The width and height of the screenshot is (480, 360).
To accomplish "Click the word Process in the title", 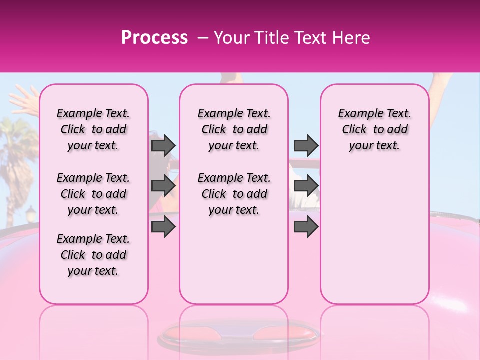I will click(154, 37).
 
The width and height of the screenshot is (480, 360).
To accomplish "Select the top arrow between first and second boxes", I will click(163, 145).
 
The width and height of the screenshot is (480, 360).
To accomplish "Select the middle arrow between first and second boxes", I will click(163, 186).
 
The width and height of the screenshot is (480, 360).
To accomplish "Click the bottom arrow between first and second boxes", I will click(163, 226).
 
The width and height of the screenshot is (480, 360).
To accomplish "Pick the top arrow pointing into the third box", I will click(306, 145).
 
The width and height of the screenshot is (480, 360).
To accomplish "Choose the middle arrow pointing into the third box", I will click(306, 186).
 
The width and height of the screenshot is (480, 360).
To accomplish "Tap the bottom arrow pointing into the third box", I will click(306, 226).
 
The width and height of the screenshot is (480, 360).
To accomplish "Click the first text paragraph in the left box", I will click(93, 129).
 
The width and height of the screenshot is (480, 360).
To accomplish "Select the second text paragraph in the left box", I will click(93, 194).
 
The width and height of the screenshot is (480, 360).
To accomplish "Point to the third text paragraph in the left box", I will click(93, 255).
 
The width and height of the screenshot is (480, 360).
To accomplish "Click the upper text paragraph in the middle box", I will click(234, 129).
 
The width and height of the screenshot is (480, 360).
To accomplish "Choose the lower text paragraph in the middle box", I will click(234, 194).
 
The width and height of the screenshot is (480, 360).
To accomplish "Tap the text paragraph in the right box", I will click(375, 129).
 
